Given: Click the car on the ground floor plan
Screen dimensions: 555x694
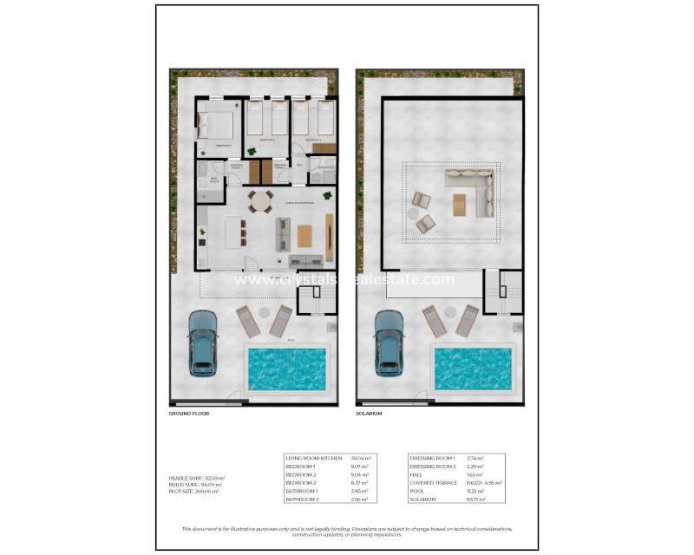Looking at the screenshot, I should tap(202, 341).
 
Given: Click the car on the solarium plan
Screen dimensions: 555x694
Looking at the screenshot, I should tap(388, 341).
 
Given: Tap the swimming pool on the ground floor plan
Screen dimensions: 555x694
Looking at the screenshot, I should tap(286, 369).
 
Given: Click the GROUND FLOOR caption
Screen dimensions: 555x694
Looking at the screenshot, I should tap(189, 414).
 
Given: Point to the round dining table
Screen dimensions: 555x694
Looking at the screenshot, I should tap(260, 200).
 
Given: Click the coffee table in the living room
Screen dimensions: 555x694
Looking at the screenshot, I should tap(304, 235).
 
